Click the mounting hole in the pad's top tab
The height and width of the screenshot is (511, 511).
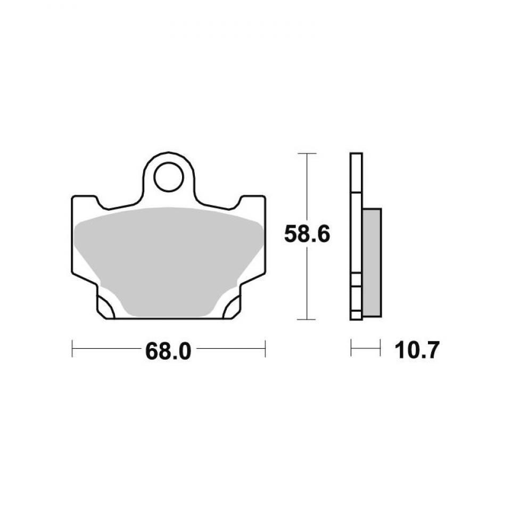coord(168,176)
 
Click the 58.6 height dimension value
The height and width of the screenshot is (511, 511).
coord(307,234)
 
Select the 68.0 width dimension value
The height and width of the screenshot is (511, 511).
coord(168,351)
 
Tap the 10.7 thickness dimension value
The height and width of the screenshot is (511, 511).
coord(417,351)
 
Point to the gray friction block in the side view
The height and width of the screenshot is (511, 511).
coord(372,262)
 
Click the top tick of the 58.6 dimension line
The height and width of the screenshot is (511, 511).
coord(307,153)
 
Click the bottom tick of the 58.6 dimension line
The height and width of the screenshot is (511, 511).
coord(307,319)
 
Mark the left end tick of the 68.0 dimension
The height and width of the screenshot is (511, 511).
coord(72,349)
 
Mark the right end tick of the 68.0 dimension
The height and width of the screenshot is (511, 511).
coord(265,349)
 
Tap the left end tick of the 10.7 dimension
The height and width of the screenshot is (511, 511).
coord(351,349)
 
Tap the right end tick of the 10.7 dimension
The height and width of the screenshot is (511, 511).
coord(380,349)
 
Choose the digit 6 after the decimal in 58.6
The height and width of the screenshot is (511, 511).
coord(323,234)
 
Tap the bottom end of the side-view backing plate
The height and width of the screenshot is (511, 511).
coord(356,317)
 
